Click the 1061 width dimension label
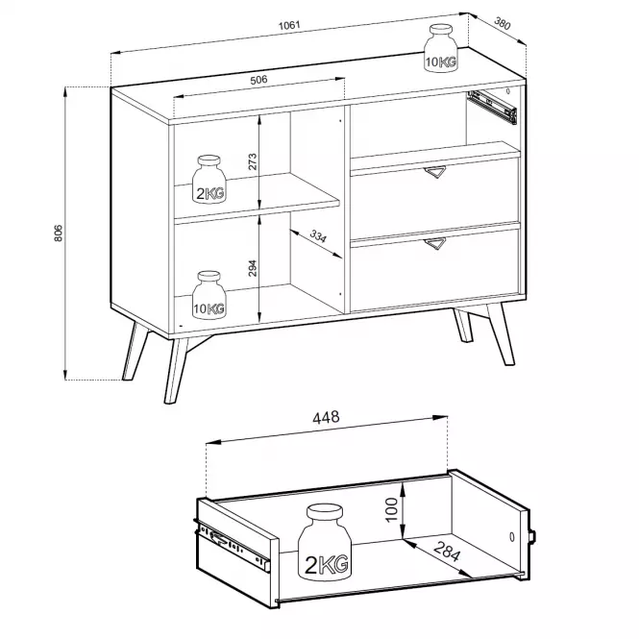point(289,25)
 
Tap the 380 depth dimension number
point(502,23)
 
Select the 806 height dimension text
point(59,233)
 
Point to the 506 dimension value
point(258,80)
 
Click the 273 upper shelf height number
point(253,161)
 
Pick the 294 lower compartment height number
point(253,268)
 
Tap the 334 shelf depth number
point(318,236)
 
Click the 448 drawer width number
point(326,417)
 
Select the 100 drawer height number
point(391,509)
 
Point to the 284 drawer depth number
point(447,552)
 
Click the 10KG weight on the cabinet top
point(440,48)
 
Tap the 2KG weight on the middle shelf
point(209,179)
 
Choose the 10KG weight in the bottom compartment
point(209,295)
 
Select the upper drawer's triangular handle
point(435,172)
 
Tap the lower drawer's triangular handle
point(435,243)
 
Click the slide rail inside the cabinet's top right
point(492,107)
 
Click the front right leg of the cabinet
point(501,334)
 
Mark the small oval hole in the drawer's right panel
point(512,537)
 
